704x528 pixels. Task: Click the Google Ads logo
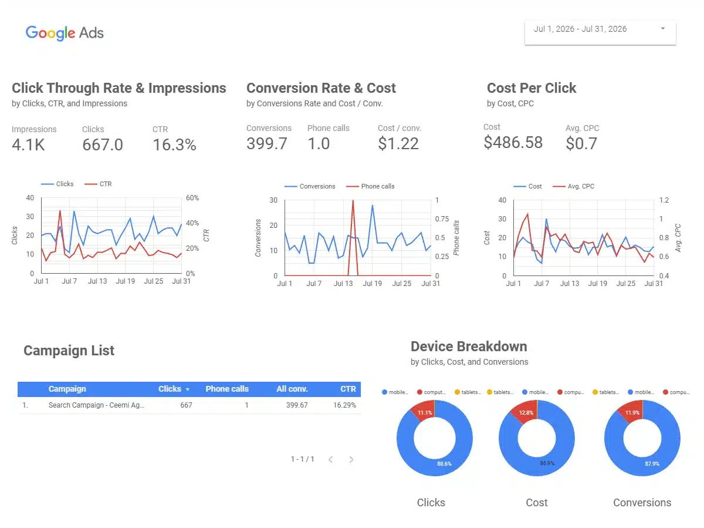click(x=65, y=33)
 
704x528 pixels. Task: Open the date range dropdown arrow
click(x=662, y=29)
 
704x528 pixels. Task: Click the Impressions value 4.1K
click(x=28, y=144)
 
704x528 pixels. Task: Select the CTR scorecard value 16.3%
click(x=174, y=144)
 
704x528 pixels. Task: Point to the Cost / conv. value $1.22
click(x=398, y=143)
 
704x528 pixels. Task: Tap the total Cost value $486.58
click(x=513, y=143)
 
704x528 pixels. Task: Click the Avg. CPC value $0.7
click(x=581, y=143)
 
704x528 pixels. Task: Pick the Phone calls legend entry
click(x=370, y=186)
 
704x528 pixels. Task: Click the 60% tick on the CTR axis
click(x=192, y=198)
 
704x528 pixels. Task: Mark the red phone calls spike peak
click(x=353, y=200)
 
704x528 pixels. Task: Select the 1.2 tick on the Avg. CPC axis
click(x=664, y=200)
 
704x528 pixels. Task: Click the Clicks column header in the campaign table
click(x=170, y=389)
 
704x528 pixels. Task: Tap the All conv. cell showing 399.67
click(x=297, y=405)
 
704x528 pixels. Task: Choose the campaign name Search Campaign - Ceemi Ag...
click(x=96, y=405)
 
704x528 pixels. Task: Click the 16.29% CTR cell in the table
click(x=344, y=405)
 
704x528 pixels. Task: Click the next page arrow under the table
click(x=351, y=460)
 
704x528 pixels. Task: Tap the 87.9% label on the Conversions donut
click(x=652, y=464)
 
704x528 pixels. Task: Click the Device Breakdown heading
click(x=469, y=347)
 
